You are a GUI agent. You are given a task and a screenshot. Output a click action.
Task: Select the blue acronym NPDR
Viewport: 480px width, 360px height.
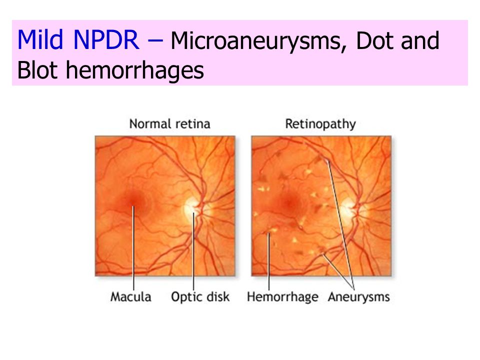coord(106,39)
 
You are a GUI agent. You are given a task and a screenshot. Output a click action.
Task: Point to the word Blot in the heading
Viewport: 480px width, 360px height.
coord(37,70)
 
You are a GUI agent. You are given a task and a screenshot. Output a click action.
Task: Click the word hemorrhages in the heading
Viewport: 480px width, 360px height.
coord(134,70)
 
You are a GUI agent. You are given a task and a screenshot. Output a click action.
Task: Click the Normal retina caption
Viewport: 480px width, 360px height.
coord(169,124)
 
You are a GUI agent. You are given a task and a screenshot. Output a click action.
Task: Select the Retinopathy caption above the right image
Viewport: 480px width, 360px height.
coord(320,124)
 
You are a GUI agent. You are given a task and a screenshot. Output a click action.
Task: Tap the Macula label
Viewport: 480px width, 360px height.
coord(130,297)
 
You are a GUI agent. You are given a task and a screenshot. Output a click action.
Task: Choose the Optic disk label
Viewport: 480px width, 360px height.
coord(200,297)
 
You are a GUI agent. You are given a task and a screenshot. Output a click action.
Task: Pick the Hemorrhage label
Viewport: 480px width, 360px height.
coord(282,297)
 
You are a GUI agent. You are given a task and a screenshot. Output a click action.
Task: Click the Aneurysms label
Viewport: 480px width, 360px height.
coord(359,297)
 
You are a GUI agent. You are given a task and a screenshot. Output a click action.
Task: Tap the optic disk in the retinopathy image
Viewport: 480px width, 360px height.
coord(349,207)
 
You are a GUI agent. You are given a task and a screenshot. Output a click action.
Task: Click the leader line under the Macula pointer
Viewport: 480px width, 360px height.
coord(133,248)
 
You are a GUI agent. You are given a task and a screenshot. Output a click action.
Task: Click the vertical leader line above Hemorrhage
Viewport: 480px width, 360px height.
coord(269,262)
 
